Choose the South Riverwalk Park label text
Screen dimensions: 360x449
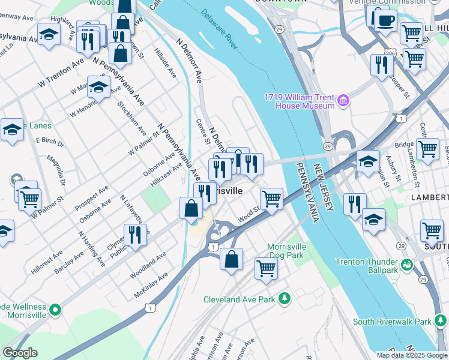pos(392,322)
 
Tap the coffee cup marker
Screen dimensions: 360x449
pos(385,20)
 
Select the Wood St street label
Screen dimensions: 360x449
pos(249,214)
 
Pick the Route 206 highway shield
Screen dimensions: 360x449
pos(390,53)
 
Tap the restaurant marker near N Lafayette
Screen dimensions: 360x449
pos(135,235)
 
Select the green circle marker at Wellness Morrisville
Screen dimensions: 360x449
pos(55,310)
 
